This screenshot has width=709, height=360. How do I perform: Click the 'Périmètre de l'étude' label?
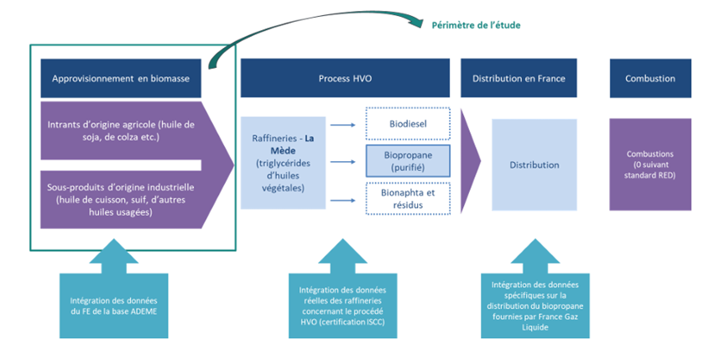coord(476,25)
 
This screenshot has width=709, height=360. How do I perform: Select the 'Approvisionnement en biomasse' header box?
coord(121,78)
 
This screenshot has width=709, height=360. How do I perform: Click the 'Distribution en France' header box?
coord(518,78)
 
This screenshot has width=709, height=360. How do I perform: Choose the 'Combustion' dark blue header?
coord(650,78)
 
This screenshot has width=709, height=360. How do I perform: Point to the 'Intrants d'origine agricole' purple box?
coord(121,131)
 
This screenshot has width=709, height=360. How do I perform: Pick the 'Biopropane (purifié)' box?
coord(408,162)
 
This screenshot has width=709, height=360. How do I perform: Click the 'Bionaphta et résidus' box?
coord(408,198)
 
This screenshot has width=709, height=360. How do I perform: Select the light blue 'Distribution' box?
coord(534,164)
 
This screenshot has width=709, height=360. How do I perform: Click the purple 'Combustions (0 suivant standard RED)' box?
coord(650,164)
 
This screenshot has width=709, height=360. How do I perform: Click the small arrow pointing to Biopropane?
coord(341,162)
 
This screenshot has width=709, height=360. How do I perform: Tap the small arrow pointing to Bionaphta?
coord(341,201)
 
